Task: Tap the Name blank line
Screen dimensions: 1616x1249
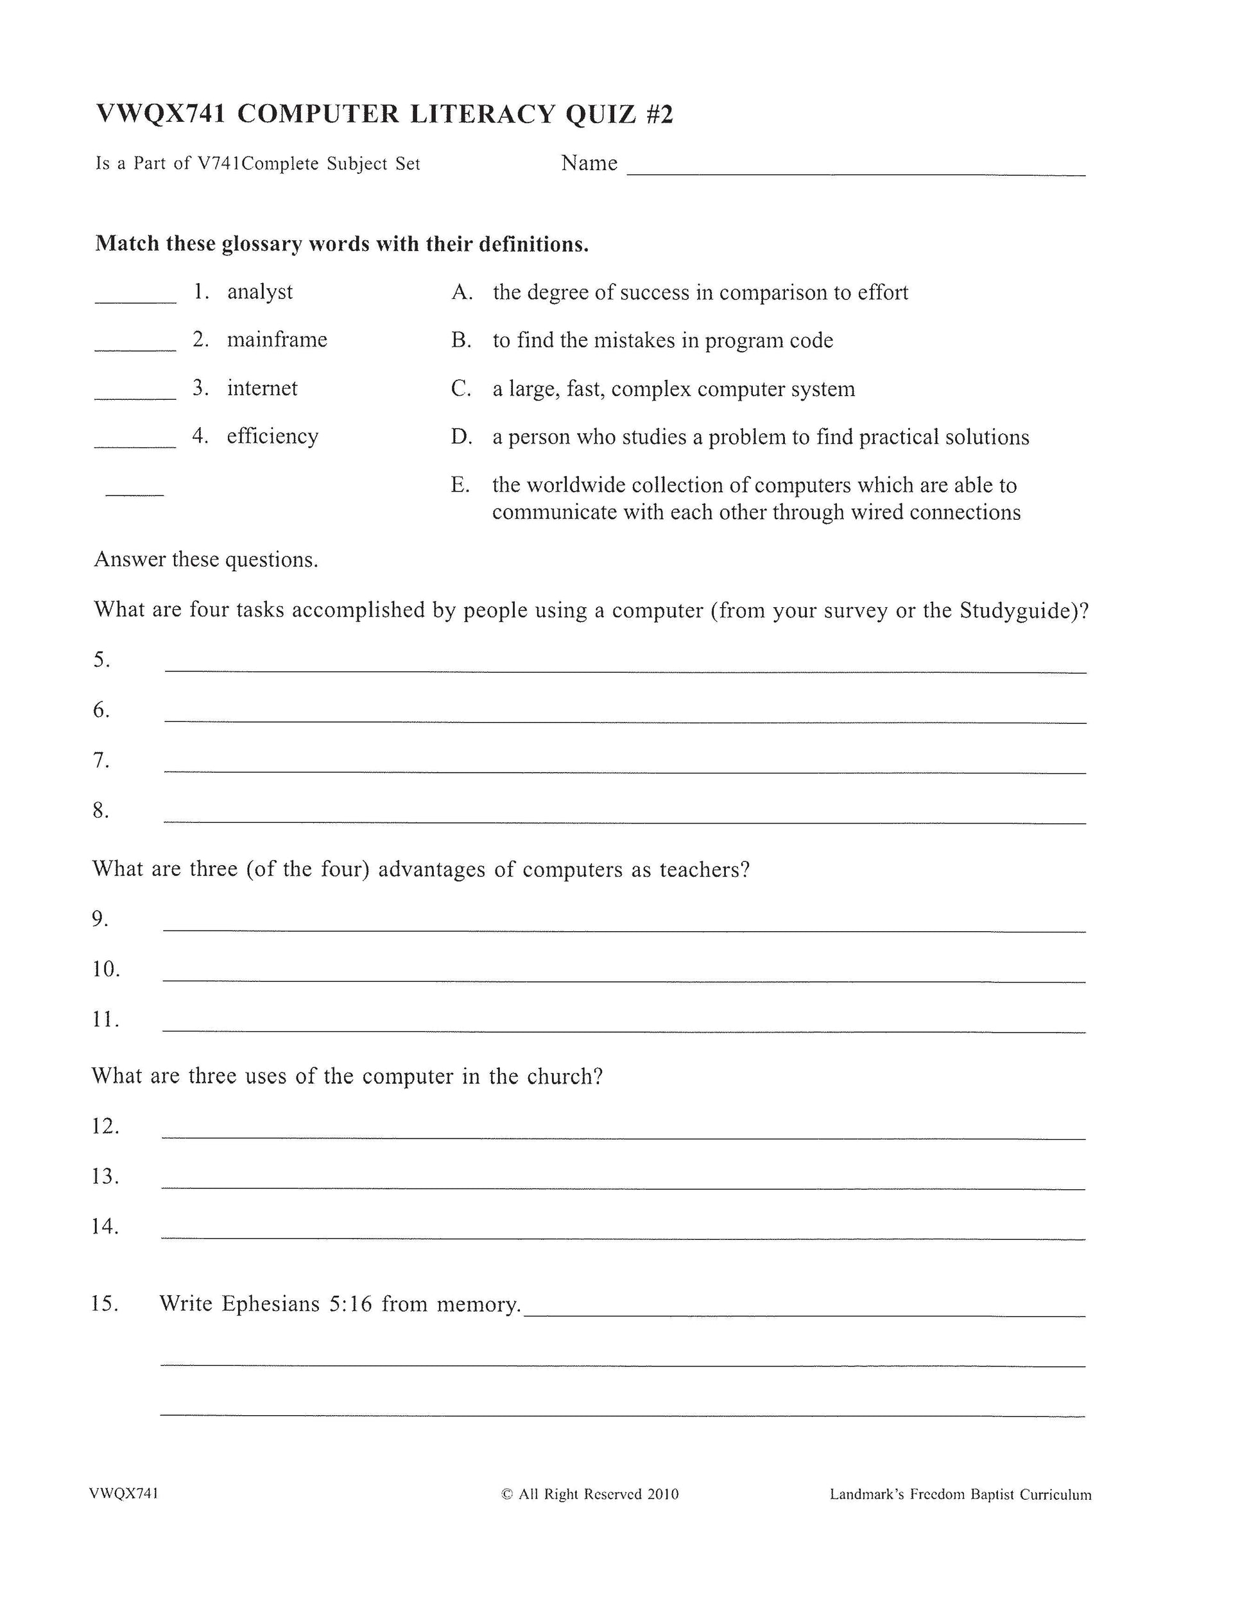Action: [856, 173]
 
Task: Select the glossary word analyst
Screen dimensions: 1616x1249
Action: [260, 292]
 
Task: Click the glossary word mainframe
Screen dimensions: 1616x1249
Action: [277, 340]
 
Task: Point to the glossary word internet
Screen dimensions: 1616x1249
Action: [262, 388]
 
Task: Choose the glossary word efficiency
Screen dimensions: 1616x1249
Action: [272, 436]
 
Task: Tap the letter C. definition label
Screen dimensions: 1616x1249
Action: [461, 388]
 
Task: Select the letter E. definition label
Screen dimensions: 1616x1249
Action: [460, 485]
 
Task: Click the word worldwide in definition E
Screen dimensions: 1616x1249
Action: [586, 485]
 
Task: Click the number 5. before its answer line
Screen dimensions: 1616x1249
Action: [102, 660]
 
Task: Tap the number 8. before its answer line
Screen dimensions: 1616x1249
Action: [101, 811]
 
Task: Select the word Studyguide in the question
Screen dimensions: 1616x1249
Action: [1020, 610]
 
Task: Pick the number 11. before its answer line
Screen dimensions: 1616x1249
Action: [106, 1020]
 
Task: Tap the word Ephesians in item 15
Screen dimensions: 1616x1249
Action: [271, 1303]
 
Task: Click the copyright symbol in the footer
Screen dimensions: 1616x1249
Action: [507, 1494]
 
